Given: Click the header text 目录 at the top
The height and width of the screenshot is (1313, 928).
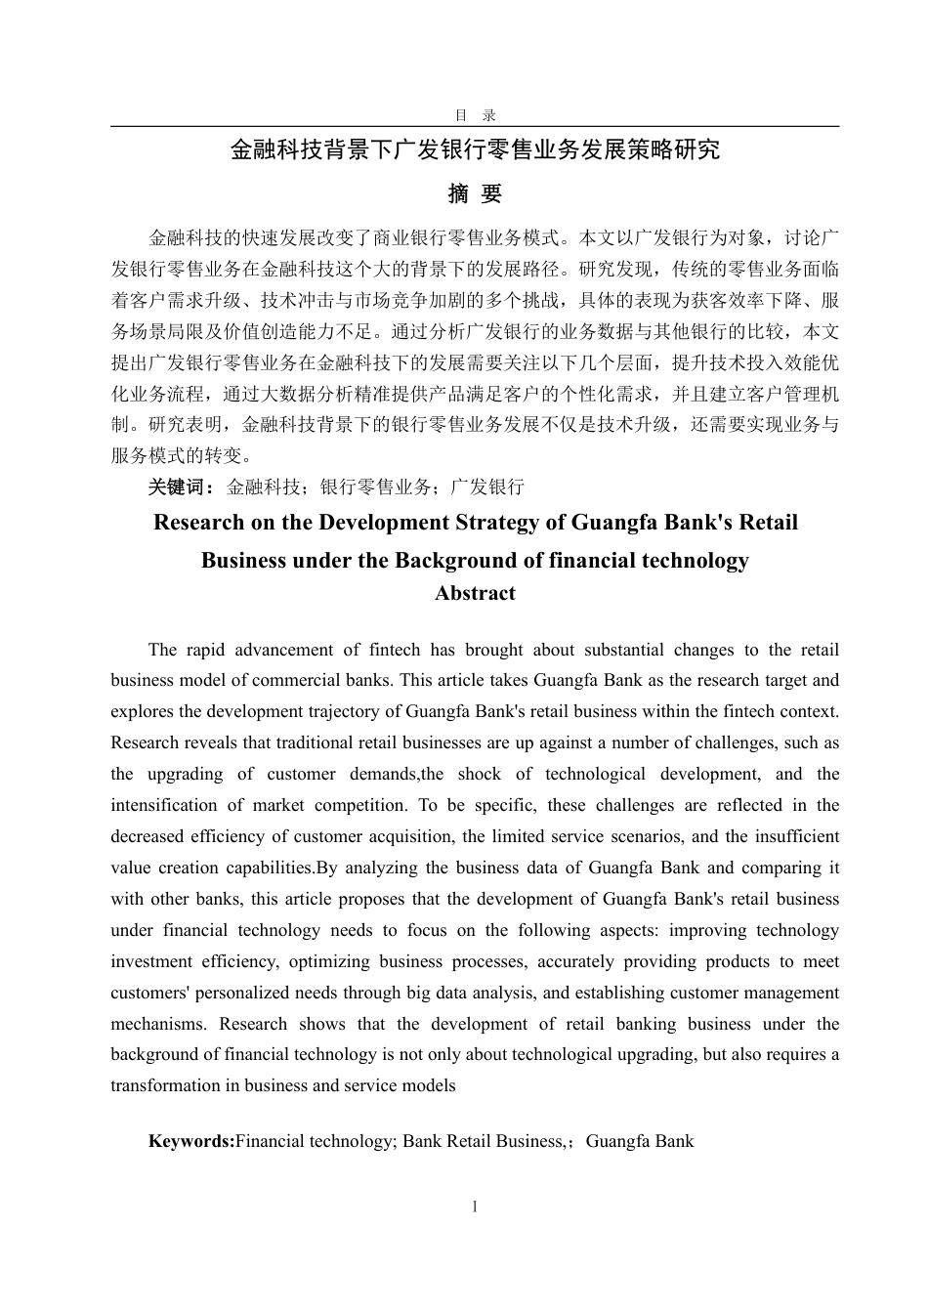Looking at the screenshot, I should pyautogui.click(x=475, y=114).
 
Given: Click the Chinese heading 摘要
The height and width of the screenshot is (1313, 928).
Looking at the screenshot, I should pyautogui.click(x=475, y=193).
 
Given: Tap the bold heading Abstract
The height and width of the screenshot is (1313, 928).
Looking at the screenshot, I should pyautogui.click(x=475, y=593).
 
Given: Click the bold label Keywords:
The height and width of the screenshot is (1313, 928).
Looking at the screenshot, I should pyautogui.click(x=191, y=1140).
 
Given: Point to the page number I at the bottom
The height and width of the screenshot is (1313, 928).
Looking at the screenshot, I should pyautogui.click(x=475, y=1207).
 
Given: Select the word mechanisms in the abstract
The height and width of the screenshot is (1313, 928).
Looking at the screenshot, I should pyautogui.click(x=158, y=1024).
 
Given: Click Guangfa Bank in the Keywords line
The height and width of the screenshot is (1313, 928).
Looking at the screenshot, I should pyautogui.click(x=640, y=1140).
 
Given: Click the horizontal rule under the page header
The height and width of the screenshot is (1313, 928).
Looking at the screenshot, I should pyautogui.click(x=475, y=126).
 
